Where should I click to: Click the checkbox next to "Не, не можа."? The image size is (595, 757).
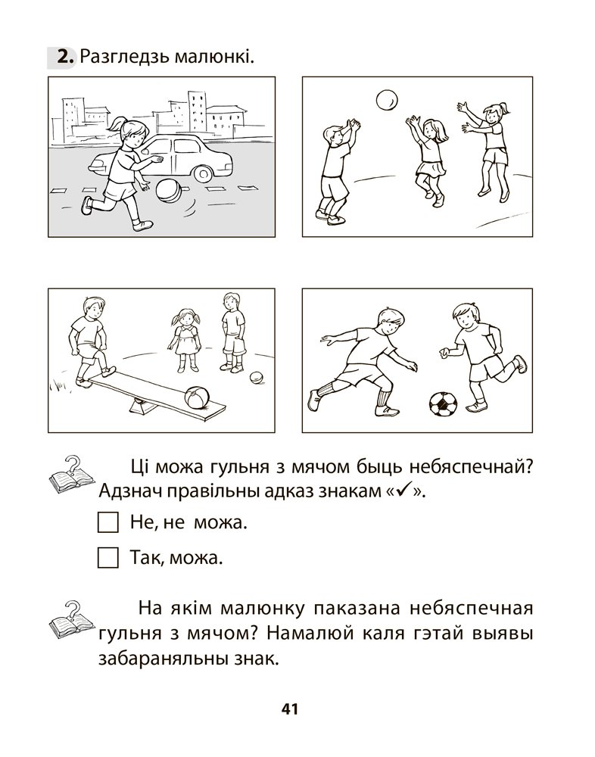tap(107, 522)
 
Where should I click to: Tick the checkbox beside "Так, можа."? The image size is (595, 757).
tap(107, 558)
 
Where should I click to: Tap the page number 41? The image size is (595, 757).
tap(290, 709)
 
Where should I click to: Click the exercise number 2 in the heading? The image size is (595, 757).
tap(65, 58)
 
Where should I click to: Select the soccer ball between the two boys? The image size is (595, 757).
tap(443, 404)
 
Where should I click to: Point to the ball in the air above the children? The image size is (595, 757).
tap(388, 100)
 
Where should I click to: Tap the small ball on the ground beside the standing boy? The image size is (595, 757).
tap(257, 378)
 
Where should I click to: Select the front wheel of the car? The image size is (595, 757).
tap(203, 173)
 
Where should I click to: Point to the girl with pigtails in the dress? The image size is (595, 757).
tap(185, 340)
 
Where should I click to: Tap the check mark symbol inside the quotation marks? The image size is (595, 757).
tap(402, 491)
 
